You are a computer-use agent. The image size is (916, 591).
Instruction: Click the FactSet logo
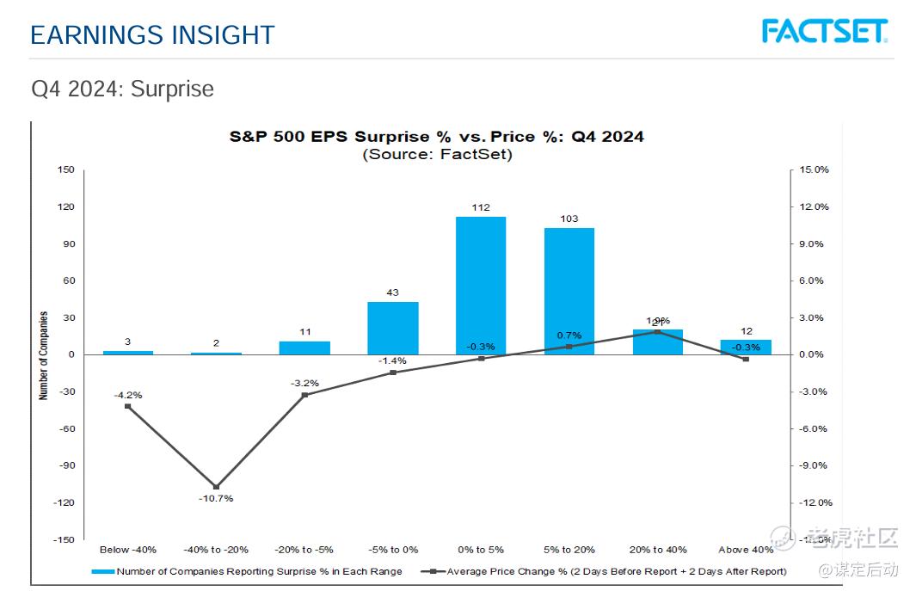(824, 31)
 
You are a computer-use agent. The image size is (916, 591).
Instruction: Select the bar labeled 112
(481, 285)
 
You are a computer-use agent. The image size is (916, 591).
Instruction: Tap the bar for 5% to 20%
(569, 290)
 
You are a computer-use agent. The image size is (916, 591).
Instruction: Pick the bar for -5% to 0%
(392, 328)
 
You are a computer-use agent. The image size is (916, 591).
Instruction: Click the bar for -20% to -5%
(304, 348)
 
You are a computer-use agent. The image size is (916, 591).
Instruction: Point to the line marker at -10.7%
(216, 487)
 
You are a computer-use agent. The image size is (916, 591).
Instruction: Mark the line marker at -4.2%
(128, 406)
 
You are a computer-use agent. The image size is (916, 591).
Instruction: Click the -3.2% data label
(304, 383)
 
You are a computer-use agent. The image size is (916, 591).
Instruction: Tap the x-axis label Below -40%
(128, 550)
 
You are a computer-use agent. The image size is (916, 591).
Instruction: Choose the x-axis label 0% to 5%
(481, 550)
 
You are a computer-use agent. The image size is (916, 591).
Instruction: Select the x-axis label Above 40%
(745, 550)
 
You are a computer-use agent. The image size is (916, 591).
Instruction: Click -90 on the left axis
(67, 465)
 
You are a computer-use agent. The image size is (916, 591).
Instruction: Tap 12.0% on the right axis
(813, 206)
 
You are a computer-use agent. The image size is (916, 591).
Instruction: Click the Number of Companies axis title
(43, 355)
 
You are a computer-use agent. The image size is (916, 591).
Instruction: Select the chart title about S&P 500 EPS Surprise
(436, 137)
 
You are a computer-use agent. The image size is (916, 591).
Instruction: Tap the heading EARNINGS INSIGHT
(152, 35)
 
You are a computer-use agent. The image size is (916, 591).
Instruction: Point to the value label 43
(392, 292)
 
